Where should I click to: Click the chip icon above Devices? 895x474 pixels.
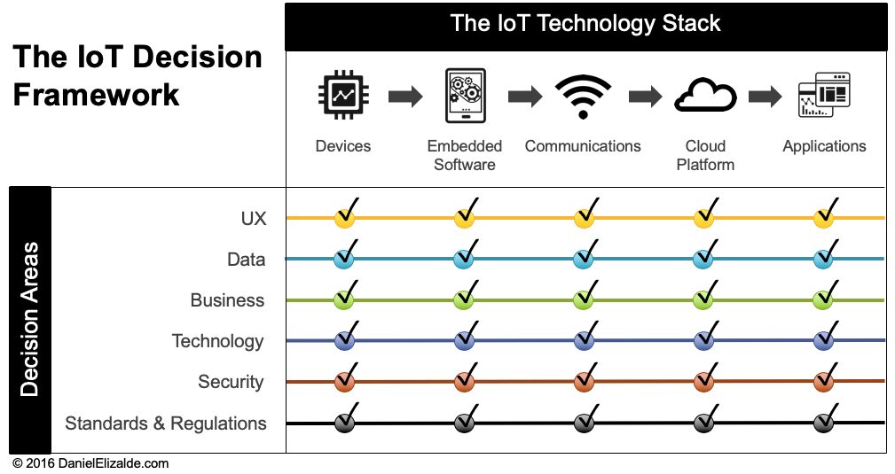pyautogui.click(x=343, y=95)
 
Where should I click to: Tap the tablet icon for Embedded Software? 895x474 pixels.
pyautogui.click(x=465, y=96)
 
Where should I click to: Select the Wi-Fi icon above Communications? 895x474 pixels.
pyautogui.click(x=583, y=97)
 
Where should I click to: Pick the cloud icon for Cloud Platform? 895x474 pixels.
pyautogui.click(x=705, y=96)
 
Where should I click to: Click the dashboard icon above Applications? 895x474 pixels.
pyautogui.click(x=824, y=95)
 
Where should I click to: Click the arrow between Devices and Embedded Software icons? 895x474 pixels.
pyautogui.click(x=405, y=96)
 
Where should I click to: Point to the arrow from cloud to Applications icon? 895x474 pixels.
pyautogui.click(x=765, y=96)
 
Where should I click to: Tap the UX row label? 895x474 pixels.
pyautogui.click(x=254, y=219)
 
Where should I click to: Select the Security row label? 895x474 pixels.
pyautogui.click(x=231, y=382)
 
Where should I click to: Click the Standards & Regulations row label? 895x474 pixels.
pyautogui.click(x=166, y=423)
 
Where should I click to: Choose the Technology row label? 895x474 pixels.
pyautogui.click(x=218, y=341)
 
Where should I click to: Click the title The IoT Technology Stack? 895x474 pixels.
pyautogui.click(x=585, y=23)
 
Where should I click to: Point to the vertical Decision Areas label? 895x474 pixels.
pyautogui.click(x=29, y=320)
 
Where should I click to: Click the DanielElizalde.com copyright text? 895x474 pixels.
pyautogui.click(x=90, y=463)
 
